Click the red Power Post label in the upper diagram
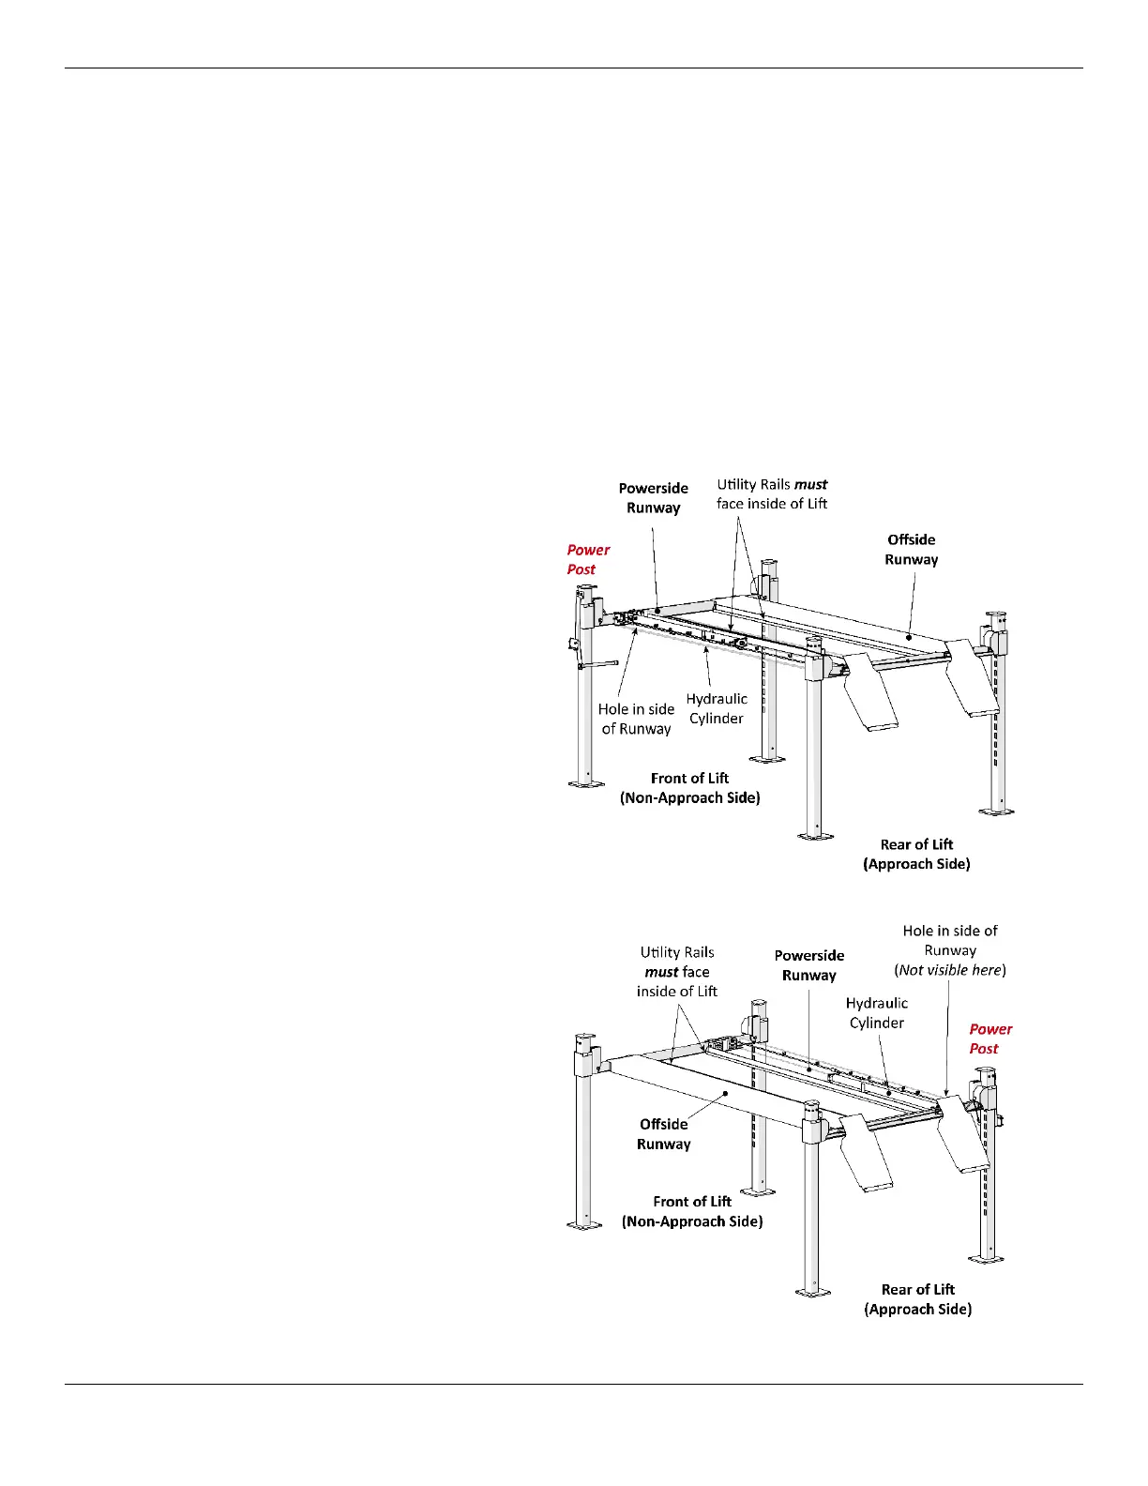588,559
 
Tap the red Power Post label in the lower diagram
990,1039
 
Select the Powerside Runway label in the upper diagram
653,497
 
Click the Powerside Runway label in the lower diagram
808,964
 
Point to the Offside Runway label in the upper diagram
911,549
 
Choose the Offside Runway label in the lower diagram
663,1133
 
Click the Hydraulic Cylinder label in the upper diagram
717,708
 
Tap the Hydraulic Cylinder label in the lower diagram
876,1012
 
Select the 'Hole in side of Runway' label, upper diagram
636,719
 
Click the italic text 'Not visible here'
949,970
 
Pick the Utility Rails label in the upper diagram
772,493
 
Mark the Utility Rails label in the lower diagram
676,971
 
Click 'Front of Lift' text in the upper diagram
689,778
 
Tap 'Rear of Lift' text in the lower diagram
917,1289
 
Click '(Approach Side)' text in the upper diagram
916,864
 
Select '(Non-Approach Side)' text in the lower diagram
692,1221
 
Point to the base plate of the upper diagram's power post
586,782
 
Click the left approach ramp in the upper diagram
869,695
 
